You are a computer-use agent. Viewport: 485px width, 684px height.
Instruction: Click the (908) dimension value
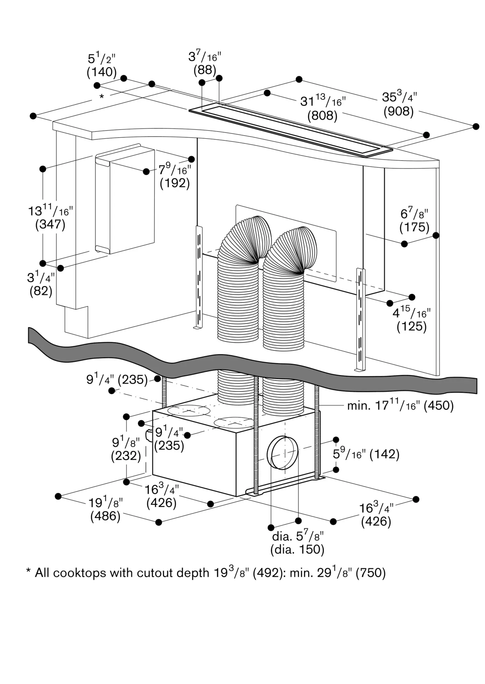[398, 111]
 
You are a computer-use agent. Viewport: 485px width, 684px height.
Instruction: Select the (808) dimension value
[322, 116]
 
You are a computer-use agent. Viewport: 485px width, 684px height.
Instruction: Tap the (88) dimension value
[205, 70]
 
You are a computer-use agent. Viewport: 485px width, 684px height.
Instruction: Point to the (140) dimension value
[102, 72]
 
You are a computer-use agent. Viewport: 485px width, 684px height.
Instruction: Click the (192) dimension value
[175, 183]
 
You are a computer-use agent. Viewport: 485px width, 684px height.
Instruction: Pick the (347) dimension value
[50, 224]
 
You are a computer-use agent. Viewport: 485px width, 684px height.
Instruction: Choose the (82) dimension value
[41, 291]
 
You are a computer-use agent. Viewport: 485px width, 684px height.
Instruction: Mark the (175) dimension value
[414, 227]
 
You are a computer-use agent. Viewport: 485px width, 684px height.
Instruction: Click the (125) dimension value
[411, 327]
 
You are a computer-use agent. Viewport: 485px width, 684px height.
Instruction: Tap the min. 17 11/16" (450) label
[400, 406]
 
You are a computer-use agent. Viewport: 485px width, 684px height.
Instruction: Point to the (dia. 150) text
[297, 550]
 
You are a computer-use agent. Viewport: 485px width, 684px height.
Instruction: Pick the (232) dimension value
[126, 456]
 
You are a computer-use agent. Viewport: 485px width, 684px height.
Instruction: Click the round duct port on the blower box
[283, 453]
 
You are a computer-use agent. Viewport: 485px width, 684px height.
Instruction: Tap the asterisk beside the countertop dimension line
[101, 97]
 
